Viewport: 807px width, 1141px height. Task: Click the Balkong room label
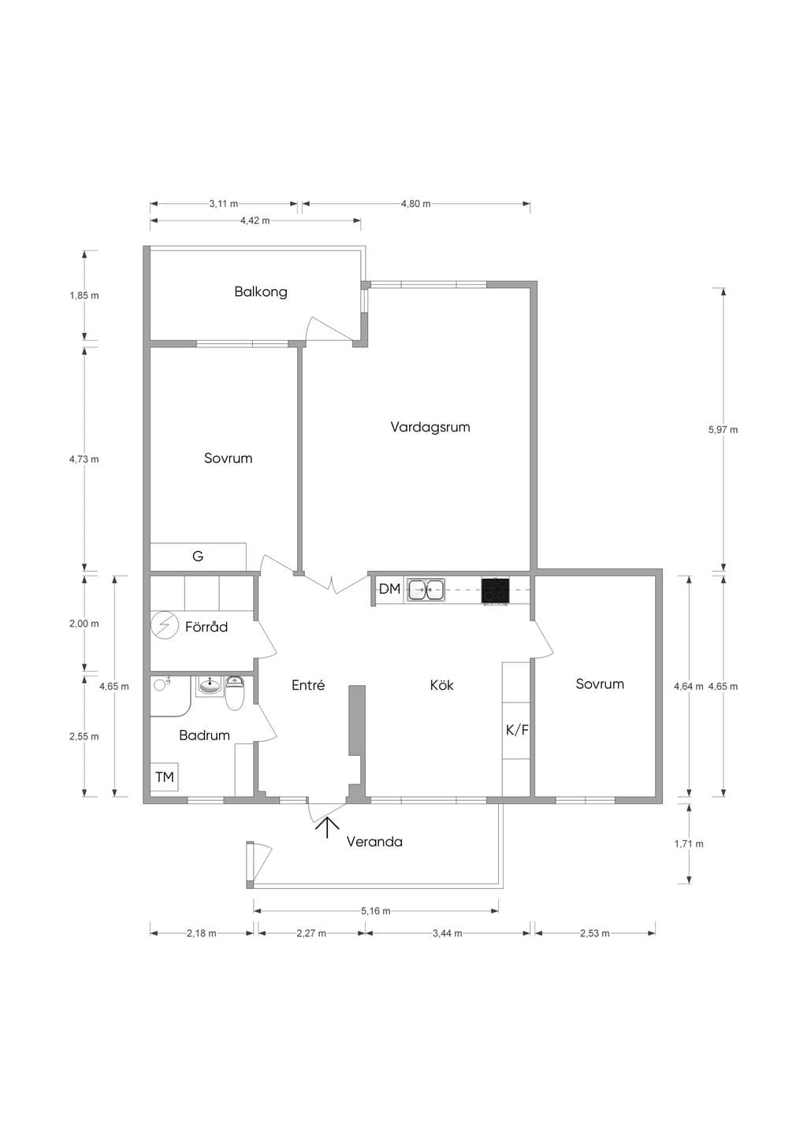pos(261,292)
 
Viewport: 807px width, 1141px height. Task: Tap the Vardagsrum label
pos(430,427)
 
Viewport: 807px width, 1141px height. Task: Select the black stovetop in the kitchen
pos(495,591)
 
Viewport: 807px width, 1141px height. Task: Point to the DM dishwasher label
pos(390,589)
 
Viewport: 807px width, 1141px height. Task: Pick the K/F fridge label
pos(517,731)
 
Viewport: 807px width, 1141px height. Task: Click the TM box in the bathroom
pos(165,776)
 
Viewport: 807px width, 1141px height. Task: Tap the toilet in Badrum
pos(235,693)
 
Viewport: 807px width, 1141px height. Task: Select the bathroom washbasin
pos(210,686)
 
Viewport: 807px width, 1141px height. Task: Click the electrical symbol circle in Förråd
pos(164,624)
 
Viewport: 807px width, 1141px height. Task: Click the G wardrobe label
pos(198,556)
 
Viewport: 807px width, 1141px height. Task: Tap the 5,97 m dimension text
pos(723,429)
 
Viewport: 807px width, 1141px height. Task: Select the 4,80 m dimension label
pos(415,204)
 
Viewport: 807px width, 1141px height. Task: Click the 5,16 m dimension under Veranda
pos(376,911)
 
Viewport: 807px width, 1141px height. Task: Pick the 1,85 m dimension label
pos(84,295)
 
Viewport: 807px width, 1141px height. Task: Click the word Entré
pos(308,686)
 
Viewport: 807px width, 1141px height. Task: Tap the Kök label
pos(441,686)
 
